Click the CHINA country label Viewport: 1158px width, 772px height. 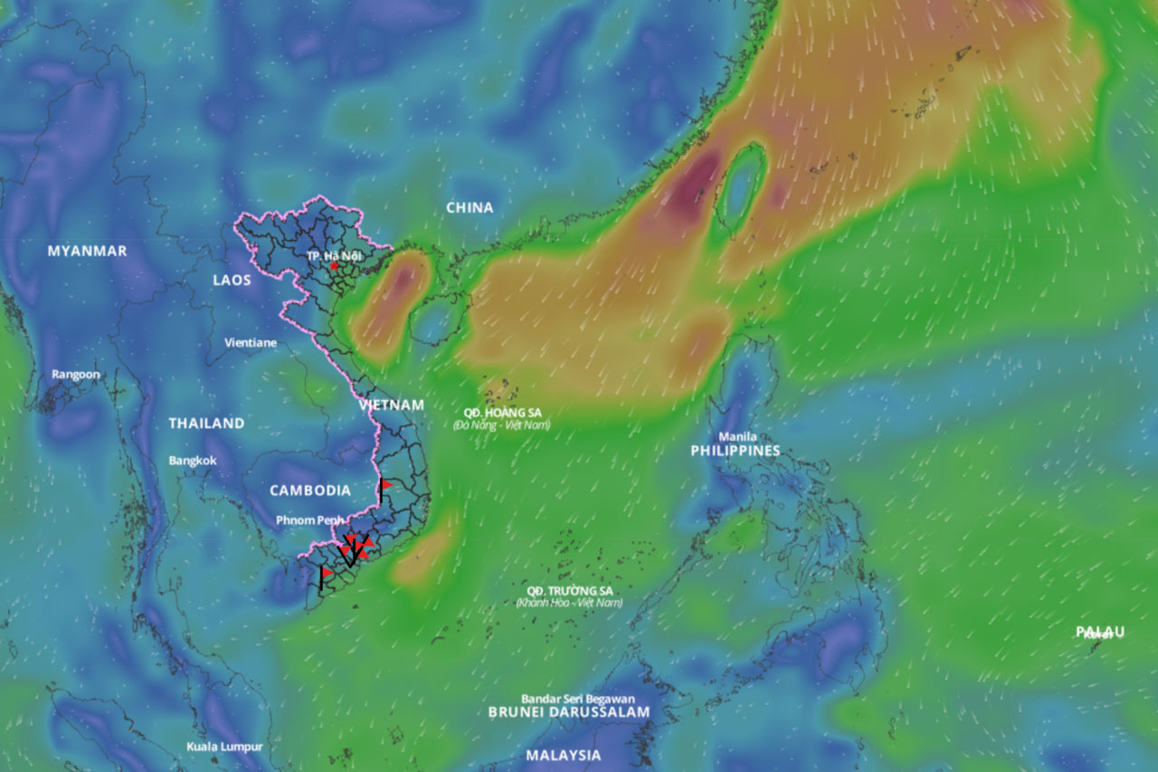[470, 207]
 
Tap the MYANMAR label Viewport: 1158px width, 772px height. [87, 251]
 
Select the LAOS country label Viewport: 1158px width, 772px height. [232, 280]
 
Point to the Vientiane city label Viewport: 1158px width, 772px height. [251, 343]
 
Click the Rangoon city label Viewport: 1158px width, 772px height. [76, 374]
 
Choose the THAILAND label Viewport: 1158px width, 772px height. [206, 423]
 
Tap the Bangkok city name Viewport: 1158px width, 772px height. [193, 460]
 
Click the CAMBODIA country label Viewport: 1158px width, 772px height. [310, 491]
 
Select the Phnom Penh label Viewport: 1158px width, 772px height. [311, 519]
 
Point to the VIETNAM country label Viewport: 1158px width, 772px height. [391, 405]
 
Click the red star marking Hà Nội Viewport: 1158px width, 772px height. [335, 266]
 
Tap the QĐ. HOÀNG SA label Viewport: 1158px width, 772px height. [502, 413]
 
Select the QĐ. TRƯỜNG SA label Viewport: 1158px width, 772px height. [569, 591]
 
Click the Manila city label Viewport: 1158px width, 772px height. [738, 436]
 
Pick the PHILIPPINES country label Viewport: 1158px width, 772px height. [735, 451]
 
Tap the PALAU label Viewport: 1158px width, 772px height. [1100, 631]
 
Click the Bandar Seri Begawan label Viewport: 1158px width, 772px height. [578, 699]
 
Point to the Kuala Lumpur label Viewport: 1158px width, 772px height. [224, 747]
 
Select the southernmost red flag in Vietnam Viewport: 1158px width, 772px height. [327, 572]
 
